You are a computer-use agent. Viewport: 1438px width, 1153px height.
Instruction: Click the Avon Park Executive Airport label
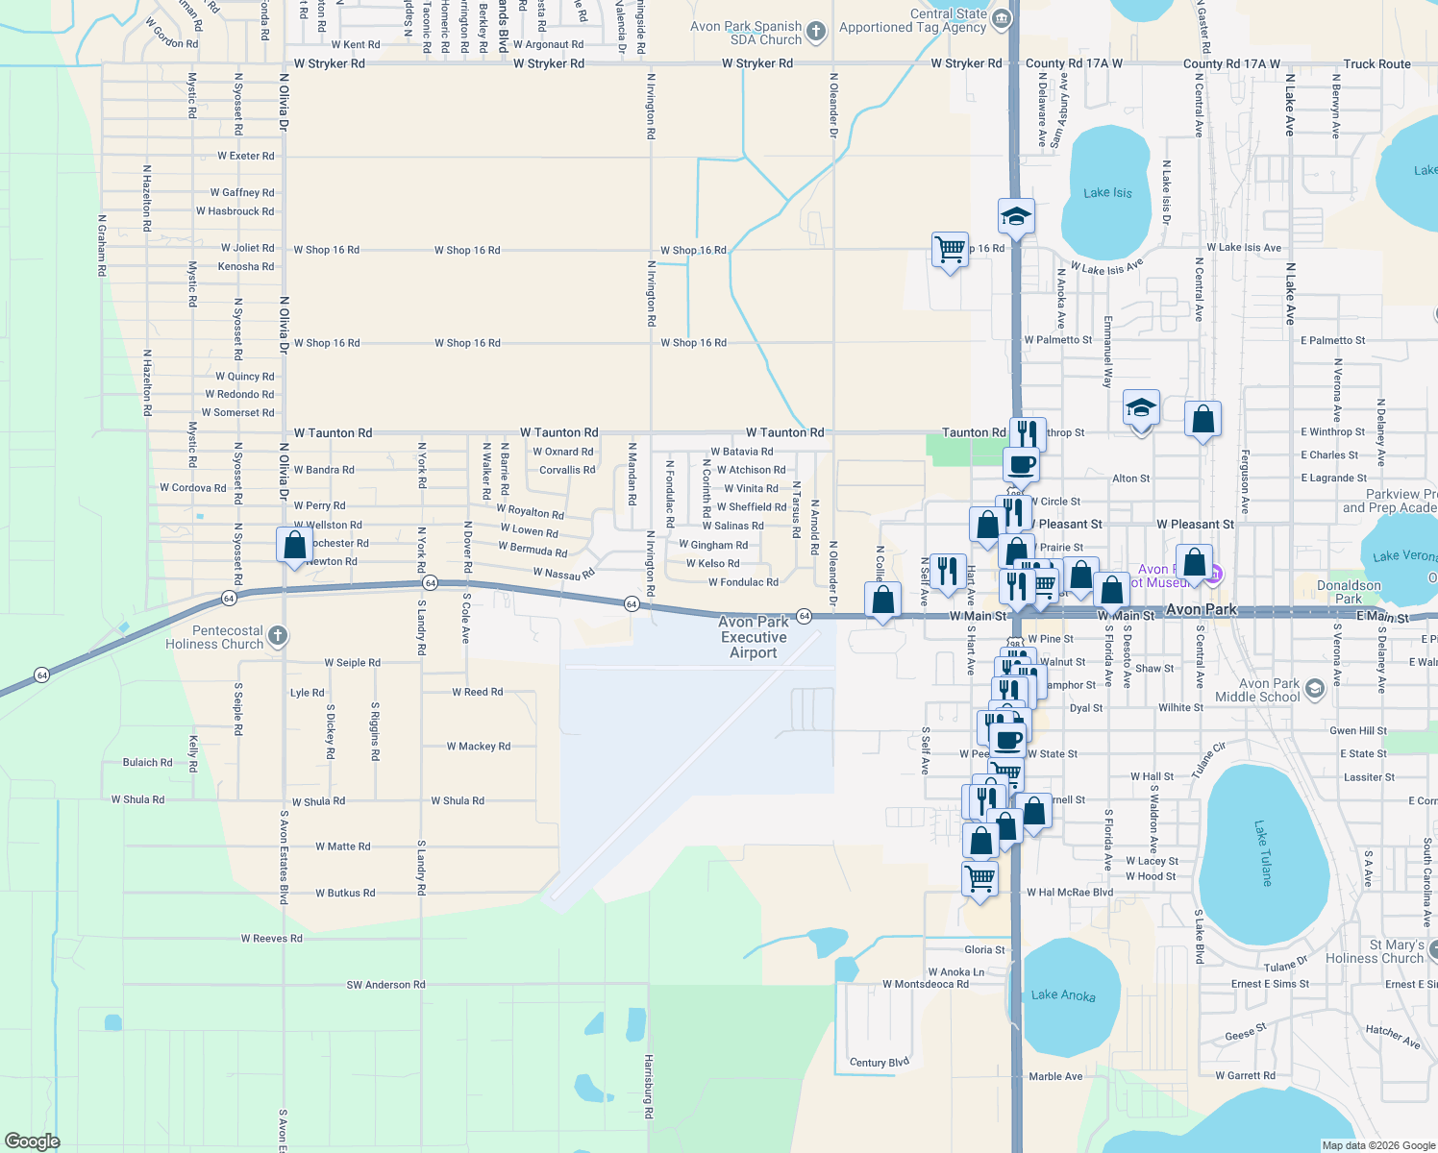coord(754,637)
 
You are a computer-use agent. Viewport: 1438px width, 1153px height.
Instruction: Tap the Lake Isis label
coord(1107,193)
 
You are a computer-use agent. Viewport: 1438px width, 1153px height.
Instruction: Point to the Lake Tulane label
coord(1262,852)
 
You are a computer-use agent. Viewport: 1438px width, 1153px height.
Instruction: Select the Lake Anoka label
coord(1062,994)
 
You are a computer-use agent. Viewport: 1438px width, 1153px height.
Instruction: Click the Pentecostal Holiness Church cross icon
coord(277,636)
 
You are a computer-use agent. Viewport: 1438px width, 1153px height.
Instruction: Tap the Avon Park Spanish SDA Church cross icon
coord(815,32)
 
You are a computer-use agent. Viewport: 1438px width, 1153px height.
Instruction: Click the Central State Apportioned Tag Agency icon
coord(1001,19)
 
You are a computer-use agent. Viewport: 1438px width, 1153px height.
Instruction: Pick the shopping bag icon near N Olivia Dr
coord(294,546)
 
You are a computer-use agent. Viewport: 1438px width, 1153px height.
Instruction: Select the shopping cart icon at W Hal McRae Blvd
coord(979,878)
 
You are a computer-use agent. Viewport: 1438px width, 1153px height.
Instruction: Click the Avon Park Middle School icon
coord(1313,689)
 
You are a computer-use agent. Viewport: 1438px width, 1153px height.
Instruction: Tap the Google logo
coord(32,1141)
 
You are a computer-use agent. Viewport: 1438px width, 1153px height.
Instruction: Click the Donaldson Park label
coord(1349,592)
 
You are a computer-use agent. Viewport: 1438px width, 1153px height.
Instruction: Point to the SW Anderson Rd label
coord(385,985)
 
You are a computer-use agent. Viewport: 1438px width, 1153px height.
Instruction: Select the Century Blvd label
coord(879,1062)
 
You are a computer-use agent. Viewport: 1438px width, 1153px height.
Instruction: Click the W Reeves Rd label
coord(271,939)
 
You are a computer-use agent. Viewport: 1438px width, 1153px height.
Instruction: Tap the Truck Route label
coord(1376,64)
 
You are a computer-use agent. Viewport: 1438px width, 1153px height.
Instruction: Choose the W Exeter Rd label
coord(245,156)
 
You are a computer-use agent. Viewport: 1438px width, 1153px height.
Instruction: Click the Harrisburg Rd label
coord(649,1086)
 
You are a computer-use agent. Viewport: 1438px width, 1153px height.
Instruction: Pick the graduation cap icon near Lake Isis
coord(1016,216)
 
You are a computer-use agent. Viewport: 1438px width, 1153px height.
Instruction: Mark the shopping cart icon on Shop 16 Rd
coord(950,249)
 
